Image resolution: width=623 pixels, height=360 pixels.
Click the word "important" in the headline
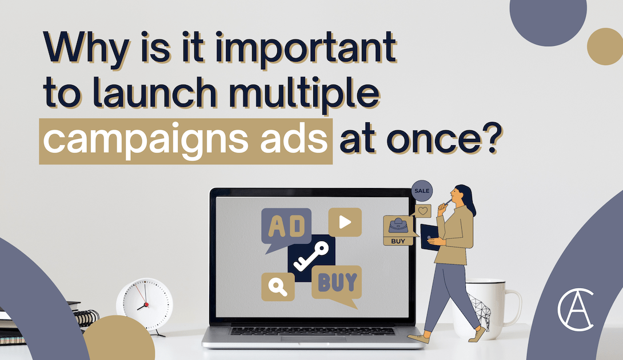(x=305, y=49)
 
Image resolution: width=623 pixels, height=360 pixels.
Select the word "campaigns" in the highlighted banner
(x=145, y=141)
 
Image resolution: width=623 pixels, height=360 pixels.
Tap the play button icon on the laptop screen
(x=345, y=222)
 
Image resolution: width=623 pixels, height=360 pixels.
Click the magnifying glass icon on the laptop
(x=278, y=286)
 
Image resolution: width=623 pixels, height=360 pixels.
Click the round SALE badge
(x=422, y=191)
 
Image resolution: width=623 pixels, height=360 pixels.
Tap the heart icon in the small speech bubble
(x=423, y=211)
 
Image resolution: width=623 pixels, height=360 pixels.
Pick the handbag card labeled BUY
(x=398, y=230)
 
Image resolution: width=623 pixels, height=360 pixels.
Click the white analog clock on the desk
(x=145, y=305)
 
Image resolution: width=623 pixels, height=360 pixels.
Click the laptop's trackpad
(x=313, y=339)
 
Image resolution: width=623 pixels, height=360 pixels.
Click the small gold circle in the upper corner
(x=605, y=46)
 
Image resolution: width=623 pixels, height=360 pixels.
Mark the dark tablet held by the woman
(x=429, y=237)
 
